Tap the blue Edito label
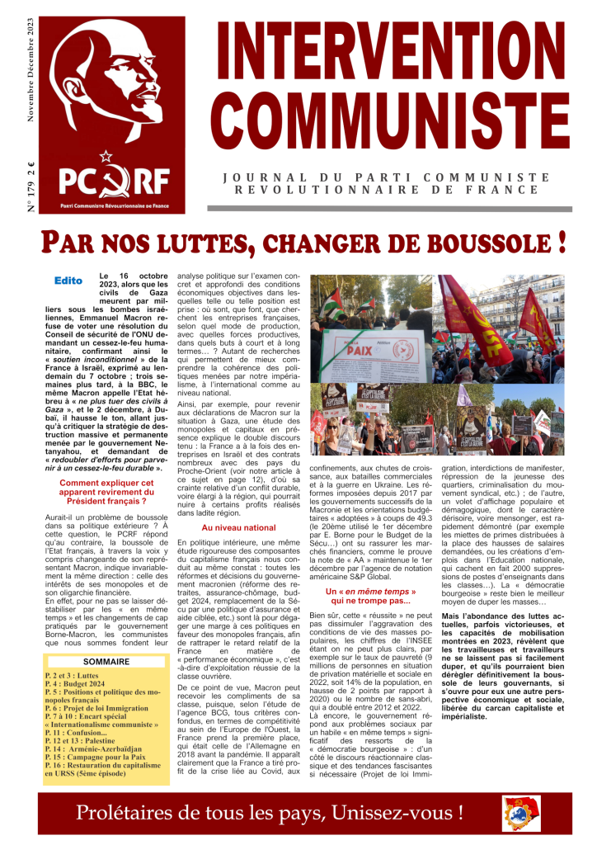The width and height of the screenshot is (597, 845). coord(68,281)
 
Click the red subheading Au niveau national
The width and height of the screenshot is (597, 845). coord(238,503)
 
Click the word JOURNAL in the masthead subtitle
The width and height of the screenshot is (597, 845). coord(262,177)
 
